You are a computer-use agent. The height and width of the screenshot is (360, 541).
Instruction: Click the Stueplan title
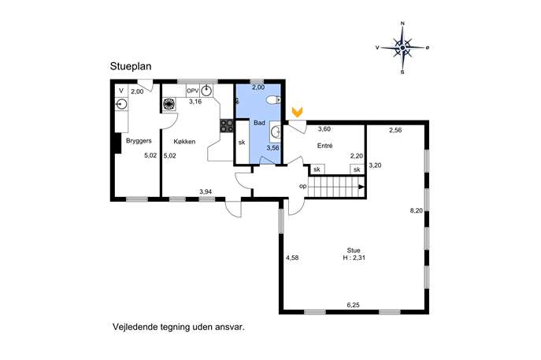(x=131, y=66)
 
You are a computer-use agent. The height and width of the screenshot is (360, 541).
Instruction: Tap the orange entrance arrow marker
(x=297, y=112)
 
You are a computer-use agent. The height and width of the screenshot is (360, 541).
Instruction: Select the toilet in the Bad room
(x=273, y=100)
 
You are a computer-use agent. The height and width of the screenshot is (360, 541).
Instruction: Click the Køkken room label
(x=184, y=142)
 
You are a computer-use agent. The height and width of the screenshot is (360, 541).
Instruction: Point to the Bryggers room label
(x=139, y=141)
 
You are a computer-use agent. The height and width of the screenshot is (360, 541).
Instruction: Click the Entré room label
(x=324, y=146)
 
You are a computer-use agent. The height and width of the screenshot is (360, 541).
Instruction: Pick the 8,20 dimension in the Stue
(x=416, y=210)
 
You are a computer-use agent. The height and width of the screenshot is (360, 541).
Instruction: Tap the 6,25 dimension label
(x=353, y=305)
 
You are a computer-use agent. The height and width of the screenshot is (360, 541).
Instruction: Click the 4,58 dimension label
(x=292, y=258)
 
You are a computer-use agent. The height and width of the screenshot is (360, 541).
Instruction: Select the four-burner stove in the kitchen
(x=227, y=125)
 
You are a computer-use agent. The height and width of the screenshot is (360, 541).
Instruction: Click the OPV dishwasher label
(x=193, y=91)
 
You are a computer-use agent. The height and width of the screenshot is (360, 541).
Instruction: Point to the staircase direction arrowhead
(x=361, y=187)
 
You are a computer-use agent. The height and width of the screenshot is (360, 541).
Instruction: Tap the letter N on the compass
(x=402, y=24)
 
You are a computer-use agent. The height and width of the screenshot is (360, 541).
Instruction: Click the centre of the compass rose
(x=402, y=47)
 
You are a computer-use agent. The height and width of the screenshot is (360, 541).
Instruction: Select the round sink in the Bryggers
(x=121, y=104)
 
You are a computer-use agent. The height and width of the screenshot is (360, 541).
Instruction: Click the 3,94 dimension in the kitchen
(x=206, y=192)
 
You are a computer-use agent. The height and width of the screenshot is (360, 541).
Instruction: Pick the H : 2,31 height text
(x=354, y=258)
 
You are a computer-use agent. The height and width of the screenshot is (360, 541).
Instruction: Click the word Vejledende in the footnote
(x=135, y=327)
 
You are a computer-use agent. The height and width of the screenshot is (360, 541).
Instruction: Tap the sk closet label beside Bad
(x=242, y=142)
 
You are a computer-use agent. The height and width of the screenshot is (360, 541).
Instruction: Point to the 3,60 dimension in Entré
(x=324, y=129)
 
